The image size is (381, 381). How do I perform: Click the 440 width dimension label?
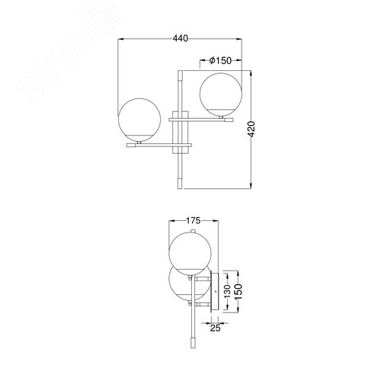(181, 38)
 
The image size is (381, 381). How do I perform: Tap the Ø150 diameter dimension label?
(220, 60)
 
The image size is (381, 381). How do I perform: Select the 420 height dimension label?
(251, 129)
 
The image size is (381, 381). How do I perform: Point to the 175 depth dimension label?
(194, 220)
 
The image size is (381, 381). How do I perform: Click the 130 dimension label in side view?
(227, 291)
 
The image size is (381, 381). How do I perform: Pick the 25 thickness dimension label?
(215, 328)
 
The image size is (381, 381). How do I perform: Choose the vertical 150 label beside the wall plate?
(239, 291)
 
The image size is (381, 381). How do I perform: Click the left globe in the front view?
(139, 120)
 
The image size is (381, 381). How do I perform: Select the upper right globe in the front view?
(221, 94)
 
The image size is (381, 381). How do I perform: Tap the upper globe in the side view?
(190, 254)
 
